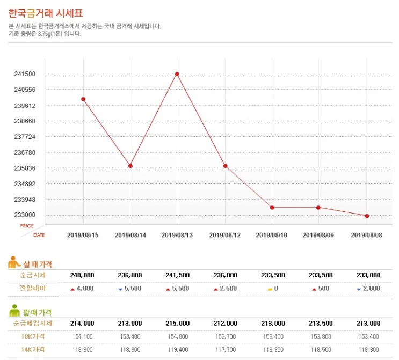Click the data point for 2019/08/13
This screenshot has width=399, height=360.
pyautogui.click(x=177, y=74)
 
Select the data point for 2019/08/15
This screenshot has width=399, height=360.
pyautogui.click(x=83, y=99)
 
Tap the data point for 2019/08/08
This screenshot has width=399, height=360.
pyautogui.click(x=367, y=216)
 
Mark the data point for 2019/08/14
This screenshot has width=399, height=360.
pyautogui.click(x=130, y=166)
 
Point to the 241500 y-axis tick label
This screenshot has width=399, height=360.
pyautogui.click(x=25, y=74)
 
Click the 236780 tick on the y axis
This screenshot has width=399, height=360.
pyautogui.click(x=25, y=153)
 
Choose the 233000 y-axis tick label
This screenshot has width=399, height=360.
pyautogui.click(x=25, y=216)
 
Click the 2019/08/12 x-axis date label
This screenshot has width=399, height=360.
pyautogui.click(x=224, y=235)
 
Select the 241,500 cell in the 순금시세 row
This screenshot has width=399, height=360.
pyautogui.click(x=177, y=275)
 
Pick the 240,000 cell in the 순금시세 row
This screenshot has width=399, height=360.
pyautogui.click(x=82, y=275)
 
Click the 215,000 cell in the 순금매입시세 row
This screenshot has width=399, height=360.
pyautogui.click(x=177, y=324)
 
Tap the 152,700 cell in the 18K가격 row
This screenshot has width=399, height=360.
pyautogui.click(x=225, y=336)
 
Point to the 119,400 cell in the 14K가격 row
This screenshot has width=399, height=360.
pyautogui.click(x=177, y=349)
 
